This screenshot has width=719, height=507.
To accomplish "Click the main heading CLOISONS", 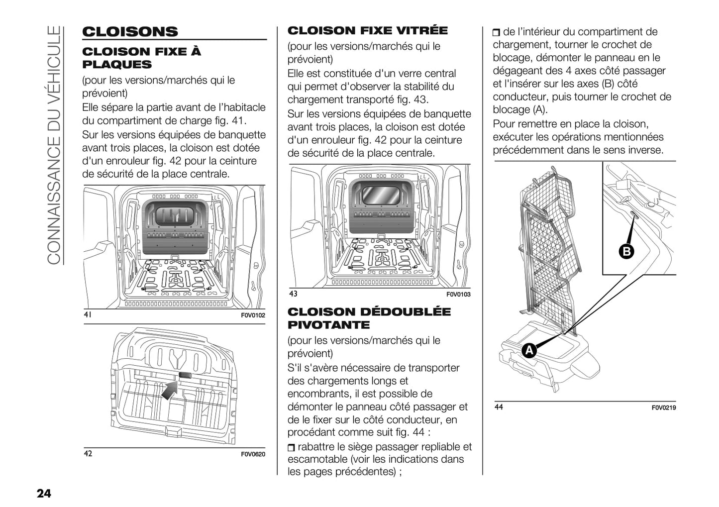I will [130, 32].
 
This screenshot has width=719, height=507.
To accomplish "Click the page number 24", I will [43, 493].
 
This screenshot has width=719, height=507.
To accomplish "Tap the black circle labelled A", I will [529, 350].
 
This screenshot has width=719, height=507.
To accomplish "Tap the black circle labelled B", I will [626, 251].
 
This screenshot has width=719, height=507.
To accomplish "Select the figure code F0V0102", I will [253, 315].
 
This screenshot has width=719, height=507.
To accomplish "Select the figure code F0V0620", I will [253, 454].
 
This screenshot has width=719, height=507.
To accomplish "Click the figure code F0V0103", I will [458, 295].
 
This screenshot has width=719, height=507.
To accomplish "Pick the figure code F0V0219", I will [664, 408].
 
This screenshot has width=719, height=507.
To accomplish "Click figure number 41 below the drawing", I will [88, 315].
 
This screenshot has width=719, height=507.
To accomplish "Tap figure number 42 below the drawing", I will [88, 454].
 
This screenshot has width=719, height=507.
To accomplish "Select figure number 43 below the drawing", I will [293, 294].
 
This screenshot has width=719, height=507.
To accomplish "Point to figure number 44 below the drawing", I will [499, 407].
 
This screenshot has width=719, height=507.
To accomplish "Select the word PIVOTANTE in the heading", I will [328, 325].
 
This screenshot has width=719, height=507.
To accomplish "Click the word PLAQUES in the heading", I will [116, 65].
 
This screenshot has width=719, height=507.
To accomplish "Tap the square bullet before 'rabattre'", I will [291, 447].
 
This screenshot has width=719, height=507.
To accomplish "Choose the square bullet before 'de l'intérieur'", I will [497, 33].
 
